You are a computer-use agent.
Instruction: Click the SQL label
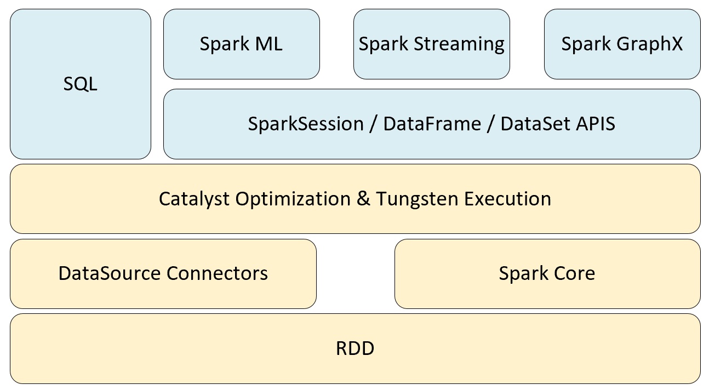(x=80, y=84)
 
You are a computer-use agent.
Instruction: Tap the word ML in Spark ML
(x=268, y=44)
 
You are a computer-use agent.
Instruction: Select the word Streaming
(x=459, y=44)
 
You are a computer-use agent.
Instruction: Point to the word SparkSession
(x=306, y=124)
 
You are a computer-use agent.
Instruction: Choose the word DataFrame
(x=432, y=124)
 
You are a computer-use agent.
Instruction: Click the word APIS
(x=596, y=124)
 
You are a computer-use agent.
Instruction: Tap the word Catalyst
(x=194, y=199)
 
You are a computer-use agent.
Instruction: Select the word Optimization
(x=293, y=199)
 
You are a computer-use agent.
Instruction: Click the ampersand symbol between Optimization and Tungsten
(x=363, y=199)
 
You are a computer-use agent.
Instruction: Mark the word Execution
(x=508, y=199)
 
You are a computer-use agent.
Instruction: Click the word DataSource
(x=110, y=273)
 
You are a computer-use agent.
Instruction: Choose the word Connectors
(x=217, y=273)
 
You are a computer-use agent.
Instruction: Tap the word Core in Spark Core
(x=574, y=273)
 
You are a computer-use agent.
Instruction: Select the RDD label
(x=355, y=348)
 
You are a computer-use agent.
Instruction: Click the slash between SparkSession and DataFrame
(x=374, y=124)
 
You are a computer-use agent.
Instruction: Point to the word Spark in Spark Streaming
(x=384, y=44)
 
